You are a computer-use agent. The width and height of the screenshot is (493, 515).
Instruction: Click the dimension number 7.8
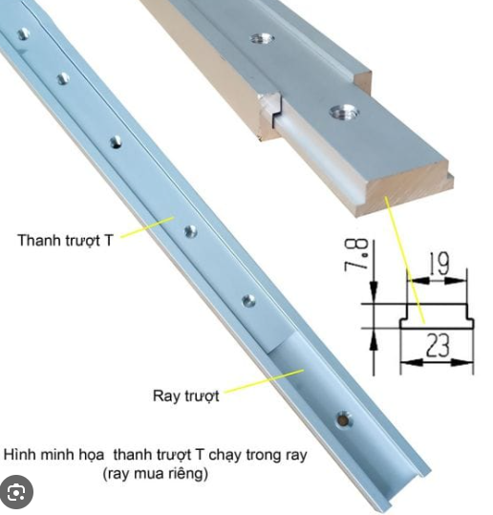coord(356,255)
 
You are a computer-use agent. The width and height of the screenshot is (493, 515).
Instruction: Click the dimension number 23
coord(439,345)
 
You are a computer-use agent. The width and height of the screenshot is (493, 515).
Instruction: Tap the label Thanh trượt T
coord(65,241)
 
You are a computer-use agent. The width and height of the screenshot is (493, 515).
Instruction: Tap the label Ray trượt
coord(186,396)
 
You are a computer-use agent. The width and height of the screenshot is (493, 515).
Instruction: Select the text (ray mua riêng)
coord(156,474)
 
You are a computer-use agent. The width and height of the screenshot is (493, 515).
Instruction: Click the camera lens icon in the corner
coord(16,492)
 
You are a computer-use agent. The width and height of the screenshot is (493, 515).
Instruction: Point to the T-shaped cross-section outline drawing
coord(437,316)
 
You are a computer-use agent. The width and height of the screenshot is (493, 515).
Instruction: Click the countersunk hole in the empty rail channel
coord(343,419)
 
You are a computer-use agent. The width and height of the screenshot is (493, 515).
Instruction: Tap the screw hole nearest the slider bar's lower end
coord(248,301)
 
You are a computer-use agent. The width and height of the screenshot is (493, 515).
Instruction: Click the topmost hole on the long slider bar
coord(23,34)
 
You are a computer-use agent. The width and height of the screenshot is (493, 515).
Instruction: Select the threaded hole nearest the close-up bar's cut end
coord(344,113)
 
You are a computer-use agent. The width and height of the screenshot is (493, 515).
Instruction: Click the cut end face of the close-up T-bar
coord(407,190)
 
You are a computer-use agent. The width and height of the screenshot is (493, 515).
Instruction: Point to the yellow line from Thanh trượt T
coord(147,226)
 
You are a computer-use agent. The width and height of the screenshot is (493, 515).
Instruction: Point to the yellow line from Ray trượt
coord(264,380)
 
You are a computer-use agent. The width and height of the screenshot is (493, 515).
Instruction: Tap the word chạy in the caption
coord(225,456)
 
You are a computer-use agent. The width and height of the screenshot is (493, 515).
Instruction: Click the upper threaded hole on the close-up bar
coord(262,39)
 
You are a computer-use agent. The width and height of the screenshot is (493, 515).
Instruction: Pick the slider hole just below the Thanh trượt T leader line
coord(190,231)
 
